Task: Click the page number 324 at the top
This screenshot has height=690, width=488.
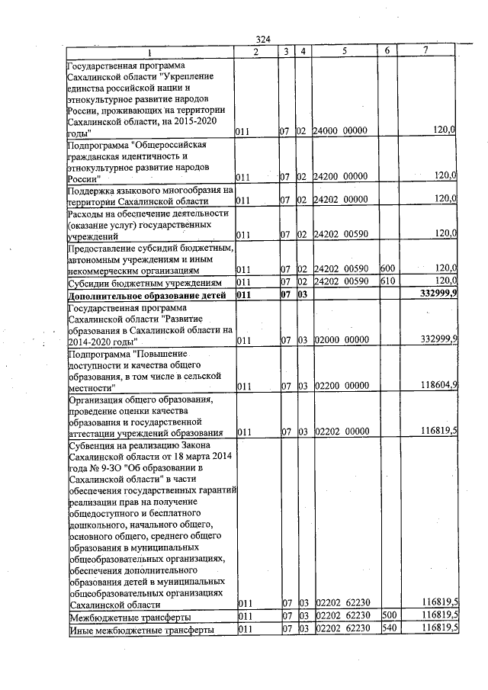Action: click(x=263, y=39)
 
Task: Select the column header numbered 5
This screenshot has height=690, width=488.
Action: click(x=345, y=50)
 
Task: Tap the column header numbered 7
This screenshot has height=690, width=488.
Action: click(x=425, y=50)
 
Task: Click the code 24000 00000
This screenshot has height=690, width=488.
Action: click(x=341, y=131)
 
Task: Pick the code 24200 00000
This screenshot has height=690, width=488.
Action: click(x=341, y=176)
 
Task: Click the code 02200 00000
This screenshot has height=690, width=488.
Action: click(x=341, y=387)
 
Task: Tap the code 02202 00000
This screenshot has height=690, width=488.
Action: click(x=341, y=432)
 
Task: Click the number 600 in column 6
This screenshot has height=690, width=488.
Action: click(x=387, y=268)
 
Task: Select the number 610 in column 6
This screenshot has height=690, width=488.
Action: click(x=387, y=281)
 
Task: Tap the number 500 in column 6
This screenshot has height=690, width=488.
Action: click(x=387, y=616)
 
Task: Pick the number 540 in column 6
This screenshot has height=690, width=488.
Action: click(x=387, y=630)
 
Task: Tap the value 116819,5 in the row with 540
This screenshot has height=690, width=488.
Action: click(x=438, y=630)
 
